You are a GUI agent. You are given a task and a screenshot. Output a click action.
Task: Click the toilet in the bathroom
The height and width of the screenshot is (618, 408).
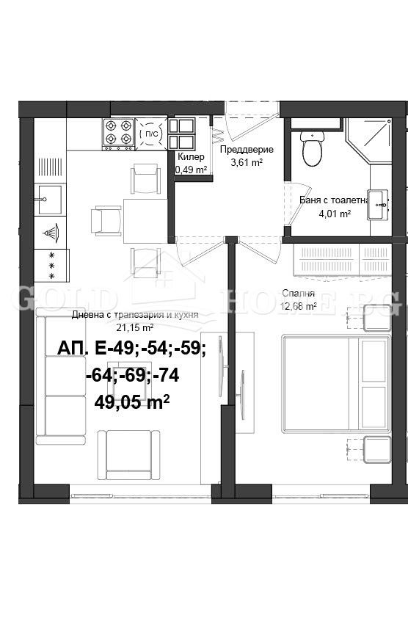(x=313, y=149)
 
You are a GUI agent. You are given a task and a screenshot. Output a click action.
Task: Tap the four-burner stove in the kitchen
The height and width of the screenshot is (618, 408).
(x=117, y=134)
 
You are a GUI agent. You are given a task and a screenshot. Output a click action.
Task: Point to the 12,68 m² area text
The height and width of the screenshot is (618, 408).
(x=299, y=307)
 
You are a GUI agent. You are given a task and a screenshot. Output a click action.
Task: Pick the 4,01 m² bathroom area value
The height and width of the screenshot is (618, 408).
(x=334, y=214)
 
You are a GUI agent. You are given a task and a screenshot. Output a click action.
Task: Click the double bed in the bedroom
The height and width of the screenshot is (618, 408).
(x=335, y=383)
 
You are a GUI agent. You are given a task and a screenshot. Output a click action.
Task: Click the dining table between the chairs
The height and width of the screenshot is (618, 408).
(x=145, y=220)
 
